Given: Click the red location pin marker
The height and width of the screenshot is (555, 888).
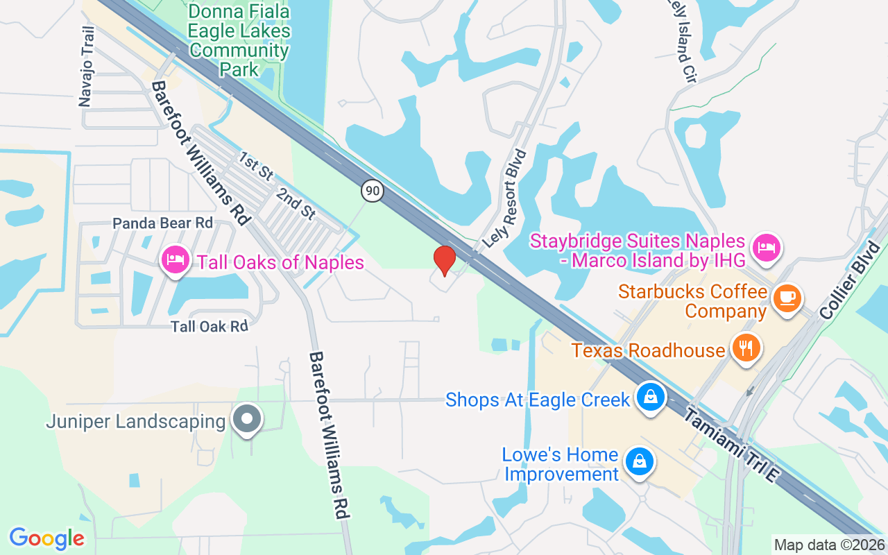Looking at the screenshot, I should point(444,260).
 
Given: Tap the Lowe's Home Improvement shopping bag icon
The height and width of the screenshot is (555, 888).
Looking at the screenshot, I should point(639,461).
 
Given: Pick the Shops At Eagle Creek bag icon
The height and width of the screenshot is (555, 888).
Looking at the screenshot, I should point(651,398).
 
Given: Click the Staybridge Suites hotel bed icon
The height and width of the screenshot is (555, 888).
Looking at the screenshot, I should point(766,246).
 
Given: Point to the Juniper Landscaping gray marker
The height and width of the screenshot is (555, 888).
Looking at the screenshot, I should point(246,419).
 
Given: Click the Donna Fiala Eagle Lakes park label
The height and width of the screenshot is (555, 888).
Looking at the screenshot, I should point(239,40).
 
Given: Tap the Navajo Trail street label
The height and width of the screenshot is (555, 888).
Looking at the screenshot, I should point(86,67).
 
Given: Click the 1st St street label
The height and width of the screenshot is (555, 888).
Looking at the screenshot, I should point(255,167).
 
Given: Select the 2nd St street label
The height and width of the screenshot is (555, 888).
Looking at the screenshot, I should point(296,203).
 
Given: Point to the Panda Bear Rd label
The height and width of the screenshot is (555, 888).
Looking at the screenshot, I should point(162,223).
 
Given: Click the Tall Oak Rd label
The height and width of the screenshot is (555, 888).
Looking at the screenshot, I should point(210,325).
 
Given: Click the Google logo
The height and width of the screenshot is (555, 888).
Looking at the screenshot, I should point(46,538).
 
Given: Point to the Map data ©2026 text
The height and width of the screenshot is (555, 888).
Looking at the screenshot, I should point(829,545).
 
